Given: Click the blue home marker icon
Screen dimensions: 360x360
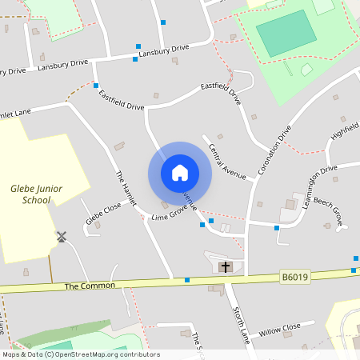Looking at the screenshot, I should point(180,173).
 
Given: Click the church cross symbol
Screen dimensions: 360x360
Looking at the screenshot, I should point(226,266).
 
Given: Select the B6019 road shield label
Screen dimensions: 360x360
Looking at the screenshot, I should point(294,277).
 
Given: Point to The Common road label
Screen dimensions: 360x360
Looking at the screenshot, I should point(90,286).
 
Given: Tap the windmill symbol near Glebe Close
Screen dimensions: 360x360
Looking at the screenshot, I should point(60,237).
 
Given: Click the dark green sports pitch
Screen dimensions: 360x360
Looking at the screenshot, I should point(286,32).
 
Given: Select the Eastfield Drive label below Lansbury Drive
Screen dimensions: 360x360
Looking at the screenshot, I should point(121,99).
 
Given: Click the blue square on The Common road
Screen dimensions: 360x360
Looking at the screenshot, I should point(187,280).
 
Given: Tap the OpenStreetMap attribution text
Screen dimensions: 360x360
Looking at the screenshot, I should point(80,354).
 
